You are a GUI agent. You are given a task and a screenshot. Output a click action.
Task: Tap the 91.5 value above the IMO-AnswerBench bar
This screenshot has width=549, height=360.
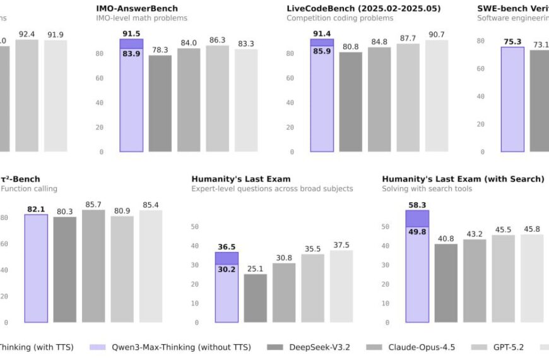click(131, 33)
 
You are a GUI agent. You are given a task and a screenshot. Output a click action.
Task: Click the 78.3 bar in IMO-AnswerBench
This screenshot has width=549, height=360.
click(160, 104)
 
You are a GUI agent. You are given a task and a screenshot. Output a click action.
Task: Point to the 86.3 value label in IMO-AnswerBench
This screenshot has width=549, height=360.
click(218, 40)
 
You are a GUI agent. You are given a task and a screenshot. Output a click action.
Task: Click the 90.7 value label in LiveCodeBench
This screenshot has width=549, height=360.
click(437, 34)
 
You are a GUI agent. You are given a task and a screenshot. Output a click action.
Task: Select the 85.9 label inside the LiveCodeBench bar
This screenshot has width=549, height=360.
click(322, 51)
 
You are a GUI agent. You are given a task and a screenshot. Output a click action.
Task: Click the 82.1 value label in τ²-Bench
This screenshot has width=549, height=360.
click(36, 209)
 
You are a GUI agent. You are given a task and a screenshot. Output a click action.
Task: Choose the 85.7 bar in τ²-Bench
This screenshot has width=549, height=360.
click(93, 266)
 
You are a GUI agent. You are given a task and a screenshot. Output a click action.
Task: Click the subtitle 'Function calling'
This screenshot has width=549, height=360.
click(29, 189)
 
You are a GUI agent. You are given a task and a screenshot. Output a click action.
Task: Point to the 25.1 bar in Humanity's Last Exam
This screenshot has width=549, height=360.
click(256, 298)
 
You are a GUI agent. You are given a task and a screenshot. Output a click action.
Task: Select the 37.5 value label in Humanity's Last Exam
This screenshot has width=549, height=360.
click(341, 245)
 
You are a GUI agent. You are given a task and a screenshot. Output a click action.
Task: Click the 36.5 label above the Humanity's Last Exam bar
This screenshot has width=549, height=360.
click(227, 247)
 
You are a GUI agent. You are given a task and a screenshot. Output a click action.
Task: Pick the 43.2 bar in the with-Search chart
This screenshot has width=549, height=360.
click(475, 280)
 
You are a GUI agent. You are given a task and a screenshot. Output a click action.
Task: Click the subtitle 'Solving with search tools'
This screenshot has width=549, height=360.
click(427, 189)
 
